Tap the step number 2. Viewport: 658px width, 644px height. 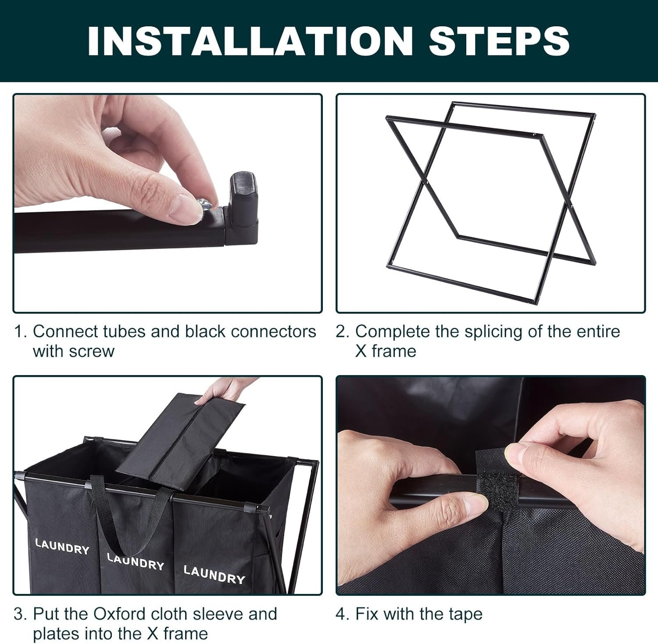(x=341, y=332)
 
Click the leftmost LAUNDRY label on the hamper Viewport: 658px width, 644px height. (x=62, y=546)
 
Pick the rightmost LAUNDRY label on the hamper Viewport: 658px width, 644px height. (x=214, y=575)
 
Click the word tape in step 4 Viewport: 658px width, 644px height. (x=465, y=615)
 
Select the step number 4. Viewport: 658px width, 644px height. (x=341, y=614)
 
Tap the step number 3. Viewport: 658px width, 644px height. (x=19, y=614)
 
